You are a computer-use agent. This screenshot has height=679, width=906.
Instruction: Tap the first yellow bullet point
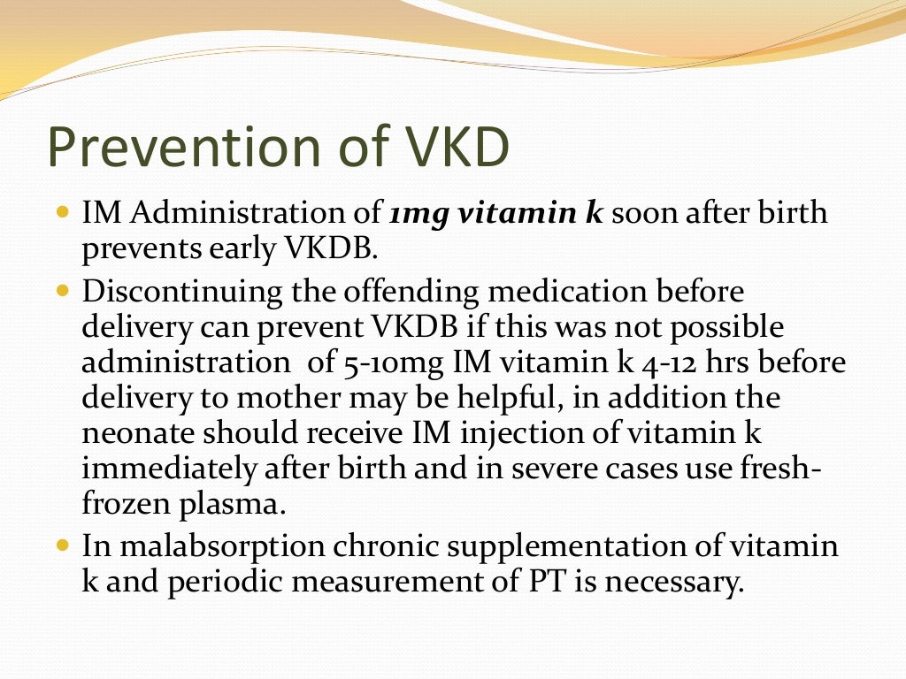click(x=61, y=213)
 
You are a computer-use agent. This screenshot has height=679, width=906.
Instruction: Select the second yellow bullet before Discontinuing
click(x=61, y=290)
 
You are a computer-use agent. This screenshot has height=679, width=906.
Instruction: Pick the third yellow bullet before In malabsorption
click(x=61, y=545)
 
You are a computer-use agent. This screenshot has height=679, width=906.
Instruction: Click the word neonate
click(x=135, y=434)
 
